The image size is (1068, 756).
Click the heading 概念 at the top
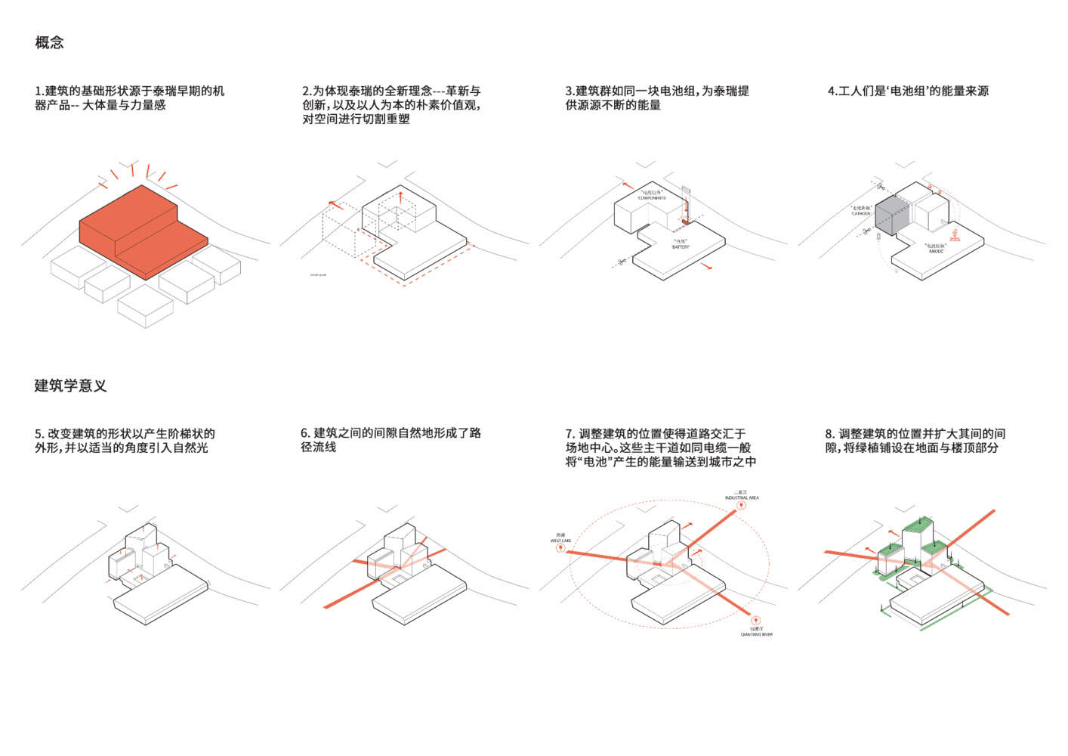49,42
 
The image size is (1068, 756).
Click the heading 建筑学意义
70,386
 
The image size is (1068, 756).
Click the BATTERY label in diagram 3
681,246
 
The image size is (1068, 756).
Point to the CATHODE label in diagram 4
861,213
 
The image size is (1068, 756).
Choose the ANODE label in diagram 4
936,250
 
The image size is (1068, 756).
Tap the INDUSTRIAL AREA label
742,497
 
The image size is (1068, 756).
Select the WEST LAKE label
560,541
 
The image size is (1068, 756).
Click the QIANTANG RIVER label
756,634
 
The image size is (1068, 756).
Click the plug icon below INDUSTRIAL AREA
742,507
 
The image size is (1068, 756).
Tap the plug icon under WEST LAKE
560,550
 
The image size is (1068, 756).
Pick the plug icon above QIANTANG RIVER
755,620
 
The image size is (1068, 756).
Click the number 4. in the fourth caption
832,91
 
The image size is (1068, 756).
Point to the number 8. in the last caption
829,434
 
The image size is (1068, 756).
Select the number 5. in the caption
39,434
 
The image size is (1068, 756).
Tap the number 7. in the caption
570,434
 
